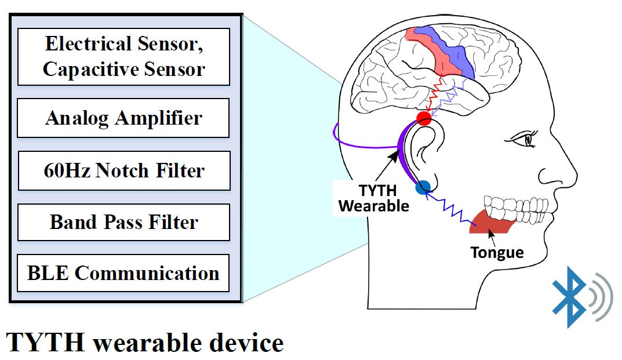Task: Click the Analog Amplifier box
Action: click(123, 118)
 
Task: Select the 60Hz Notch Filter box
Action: click(124, 170)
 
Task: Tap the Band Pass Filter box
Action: click(124, 222)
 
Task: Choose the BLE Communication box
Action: click(123, 273)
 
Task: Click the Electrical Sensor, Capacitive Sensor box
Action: click(124, 57)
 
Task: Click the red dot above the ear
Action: click(424, 118)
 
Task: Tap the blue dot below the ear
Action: click(423, 187)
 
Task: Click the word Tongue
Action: click(497, 252)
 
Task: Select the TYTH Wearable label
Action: click(373, 198)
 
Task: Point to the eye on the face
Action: click(525, 139)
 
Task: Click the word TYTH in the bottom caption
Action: click(46, 342)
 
